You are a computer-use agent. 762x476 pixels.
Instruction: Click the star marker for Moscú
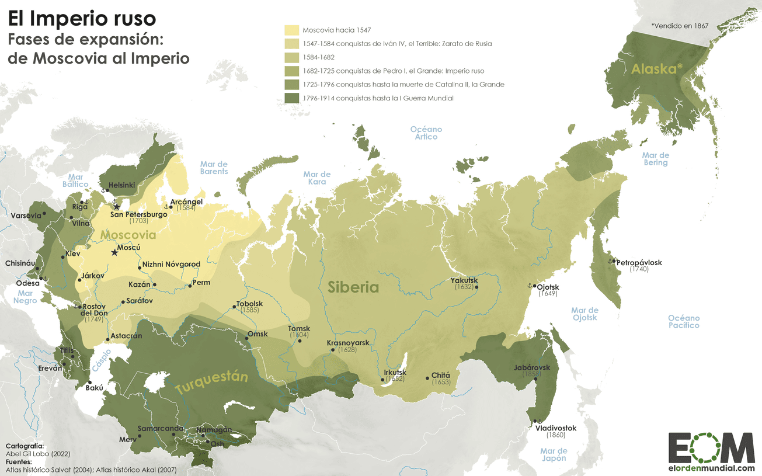click(x=114, y=253)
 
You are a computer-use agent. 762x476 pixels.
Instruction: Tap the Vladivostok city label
click(x=555, y=428)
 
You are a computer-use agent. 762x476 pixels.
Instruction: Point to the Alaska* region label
click(x=657, y=69)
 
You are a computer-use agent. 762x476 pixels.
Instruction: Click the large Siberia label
click(x=353, y=287)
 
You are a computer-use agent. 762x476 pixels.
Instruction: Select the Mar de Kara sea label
click(x=317, y=178)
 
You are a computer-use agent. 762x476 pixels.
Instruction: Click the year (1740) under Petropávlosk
click(x=639, y=269)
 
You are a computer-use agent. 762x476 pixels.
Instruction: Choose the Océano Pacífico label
click(x=684, y=321)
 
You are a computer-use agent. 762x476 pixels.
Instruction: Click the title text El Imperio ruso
click(x=82, y=19)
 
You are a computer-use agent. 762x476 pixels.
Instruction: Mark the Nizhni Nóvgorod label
click(x=171, y=264)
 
